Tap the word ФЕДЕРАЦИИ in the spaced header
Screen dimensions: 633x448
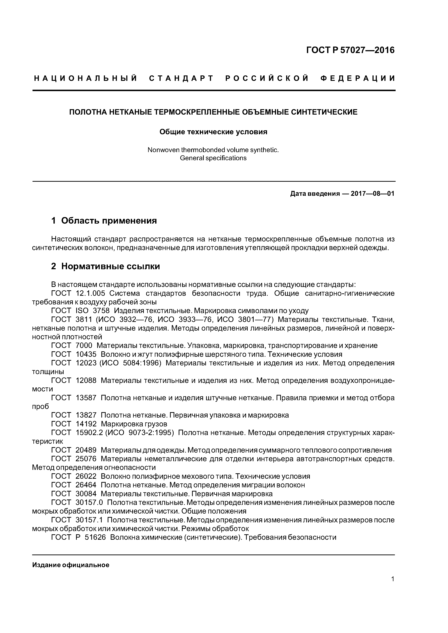(x=358, y=78)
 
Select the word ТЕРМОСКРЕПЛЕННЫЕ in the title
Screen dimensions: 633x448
(x=197, y=112)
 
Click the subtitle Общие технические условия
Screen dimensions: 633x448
(x=213, y=132)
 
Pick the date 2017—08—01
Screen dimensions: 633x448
(x=372, y=194)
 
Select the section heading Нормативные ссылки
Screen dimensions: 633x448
(x=110, y=266)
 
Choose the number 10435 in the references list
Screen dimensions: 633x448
(x=86, y=354)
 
